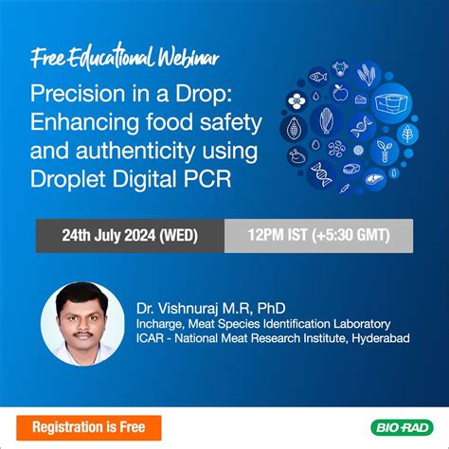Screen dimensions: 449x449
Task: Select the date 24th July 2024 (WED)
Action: pos(130,234)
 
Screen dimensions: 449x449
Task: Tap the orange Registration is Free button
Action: pos(90,426)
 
